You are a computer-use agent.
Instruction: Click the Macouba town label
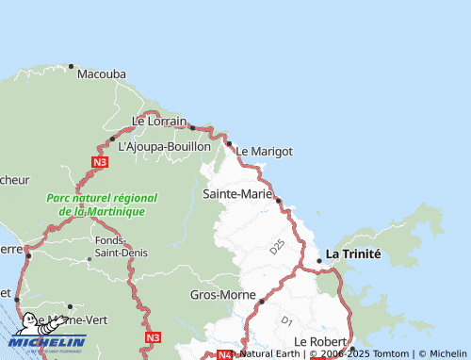[x=102, y=74]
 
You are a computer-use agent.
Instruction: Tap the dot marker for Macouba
[x=71, y=67]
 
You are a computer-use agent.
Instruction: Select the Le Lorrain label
[x=159, y=121]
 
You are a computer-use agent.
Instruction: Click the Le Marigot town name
[x=264, y=151]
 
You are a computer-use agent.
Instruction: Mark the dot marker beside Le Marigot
[x=229, y=144]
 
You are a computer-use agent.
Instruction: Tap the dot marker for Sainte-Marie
[x=278, y=200]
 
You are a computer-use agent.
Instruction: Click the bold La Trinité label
[x=353, y=254]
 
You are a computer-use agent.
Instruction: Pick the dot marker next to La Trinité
[x=318, y=260]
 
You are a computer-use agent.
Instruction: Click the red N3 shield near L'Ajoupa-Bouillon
[x=101, y=162]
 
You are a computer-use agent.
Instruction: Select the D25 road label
[x=276, y=248]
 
